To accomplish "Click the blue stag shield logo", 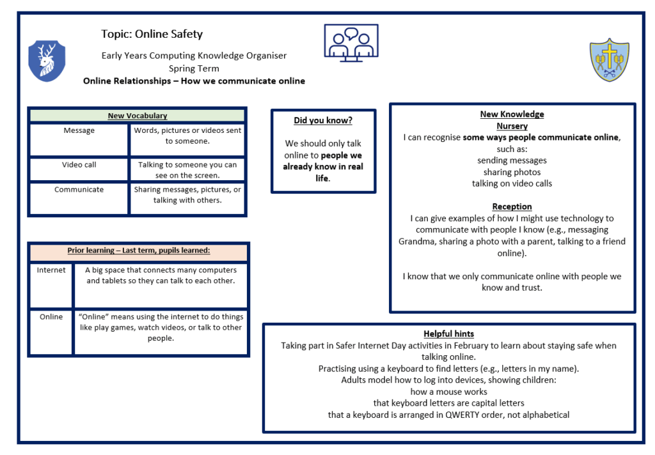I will click(47, 61).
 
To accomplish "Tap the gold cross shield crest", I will click(609, 60).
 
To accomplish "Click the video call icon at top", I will click(351, 43).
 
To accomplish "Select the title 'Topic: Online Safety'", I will click(152, 34).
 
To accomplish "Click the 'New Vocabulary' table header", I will click(137, 116).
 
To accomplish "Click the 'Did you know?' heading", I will click(323, 121).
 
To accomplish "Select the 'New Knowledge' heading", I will click(512, 114).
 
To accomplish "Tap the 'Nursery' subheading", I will click(512, 126).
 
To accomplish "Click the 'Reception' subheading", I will click(512, 206).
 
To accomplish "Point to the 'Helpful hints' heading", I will click(448, 334).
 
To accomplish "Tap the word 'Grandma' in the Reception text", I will click(415, 242).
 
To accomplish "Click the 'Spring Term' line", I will click(194, 68).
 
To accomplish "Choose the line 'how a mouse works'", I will click(448, 392).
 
